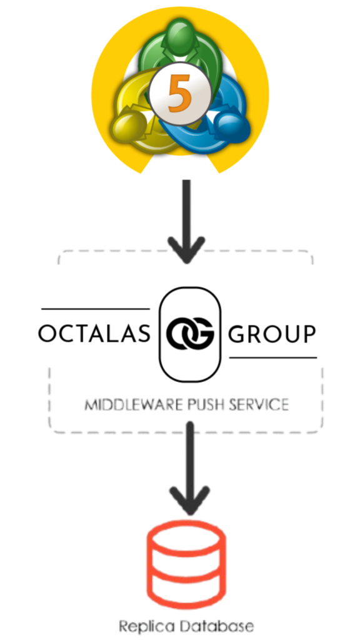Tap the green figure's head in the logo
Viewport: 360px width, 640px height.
[181, 36]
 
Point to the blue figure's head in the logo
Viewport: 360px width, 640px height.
[232, 127]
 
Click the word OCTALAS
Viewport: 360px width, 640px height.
[94, 334]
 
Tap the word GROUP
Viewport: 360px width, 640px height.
[272, 334]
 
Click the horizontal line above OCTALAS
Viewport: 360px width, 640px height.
[96, 309]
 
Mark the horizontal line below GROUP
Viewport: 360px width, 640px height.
[273, 358]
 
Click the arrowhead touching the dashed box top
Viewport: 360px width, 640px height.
[186, 250]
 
